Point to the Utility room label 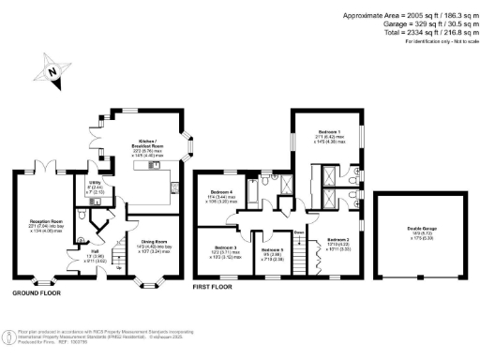[x=95, y=183]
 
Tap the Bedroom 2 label [x=339, y=241]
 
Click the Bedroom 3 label [x=221, y=247]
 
